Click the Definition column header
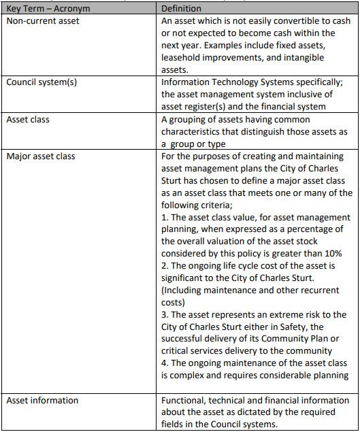181,8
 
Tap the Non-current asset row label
43,20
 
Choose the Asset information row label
42,401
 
